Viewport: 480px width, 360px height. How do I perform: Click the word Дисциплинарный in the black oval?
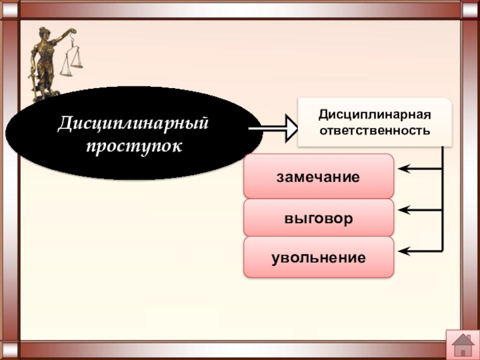[x=133, y=125]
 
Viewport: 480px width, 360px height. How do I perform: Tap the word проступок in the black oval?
[x=133, y=146]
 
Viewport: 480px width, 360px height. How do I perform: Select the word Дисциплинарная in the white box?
[x=374, y=114]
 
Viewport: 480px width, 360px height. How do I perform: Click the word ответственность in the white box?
[x=374, y=130]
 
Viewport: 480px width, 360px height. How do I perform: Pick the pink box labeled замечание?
[x=319, y=176]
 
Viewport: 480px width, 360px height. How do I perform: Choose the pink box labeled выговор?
[x=319, y=218]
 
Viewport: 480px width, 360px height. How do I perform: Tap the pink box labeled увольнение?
[x=319, y=258]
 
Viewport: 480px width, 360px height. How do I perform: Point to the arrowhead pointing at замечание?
[x=404, y=169]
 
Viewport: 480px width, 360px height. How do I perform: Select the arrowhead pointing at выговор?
[x=404, y=210]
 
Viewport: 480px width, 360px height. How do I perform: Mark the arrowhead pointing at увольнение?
[x=404, y=250]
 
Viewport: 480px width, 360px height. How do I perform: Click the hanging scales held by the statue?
[x=71, y=60]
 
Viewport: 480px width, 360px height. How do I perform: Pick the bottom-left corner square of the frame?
[x=10, y=350]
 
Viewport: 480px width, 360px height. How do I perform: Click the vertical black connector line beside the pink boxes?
[x=443, y=198]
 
